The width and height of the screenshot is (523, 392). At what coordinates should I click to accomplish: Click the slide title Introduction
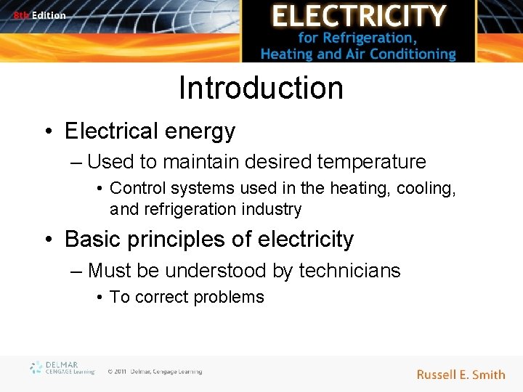point(261,88)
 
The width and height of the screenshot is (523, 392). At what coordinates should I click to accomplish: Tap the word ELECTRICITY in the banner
point(358,16)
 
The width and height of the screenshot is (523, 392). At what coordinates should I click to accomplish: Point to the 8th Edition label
point(39,15)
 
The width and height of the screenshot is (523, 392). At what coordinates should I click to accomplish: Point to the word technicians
point(349,271)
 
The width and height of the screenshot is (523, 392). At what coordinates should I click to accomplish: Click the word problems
point(232,297)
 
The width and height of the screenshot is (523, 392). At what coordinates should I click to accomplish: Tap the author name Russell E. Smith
point(461,375)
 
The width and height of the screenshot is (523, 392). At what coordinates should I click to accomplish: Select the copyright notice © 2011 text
point(154,372)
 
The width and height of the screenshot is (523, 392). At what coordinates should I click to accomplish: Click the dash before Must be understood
point(77,271)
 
